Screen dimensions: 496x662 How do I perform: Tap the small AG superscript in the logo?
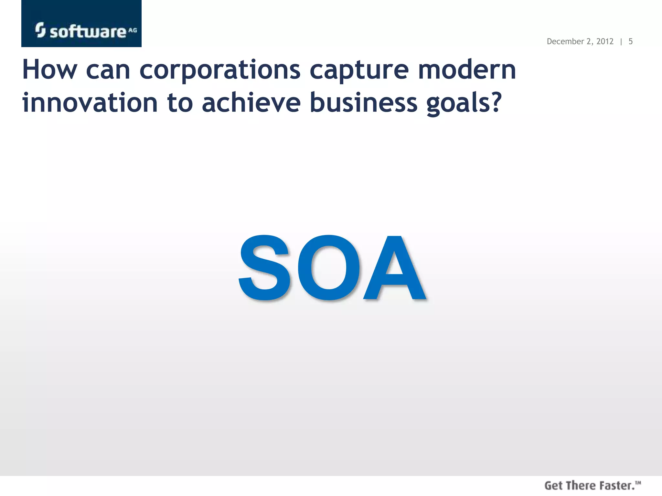133,30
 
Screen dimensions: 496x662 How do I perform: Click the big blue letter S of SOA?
264,268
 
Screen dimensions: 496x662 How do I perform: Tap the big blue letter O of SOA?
329,268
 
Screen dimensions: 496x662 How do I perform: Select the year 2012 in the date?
605,42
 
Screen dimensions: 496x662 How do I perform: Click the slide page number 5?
630,42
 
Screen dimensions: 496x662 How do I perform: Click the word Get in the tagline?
553,486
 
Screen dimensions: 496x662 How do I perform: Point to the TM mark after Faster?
638,483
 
